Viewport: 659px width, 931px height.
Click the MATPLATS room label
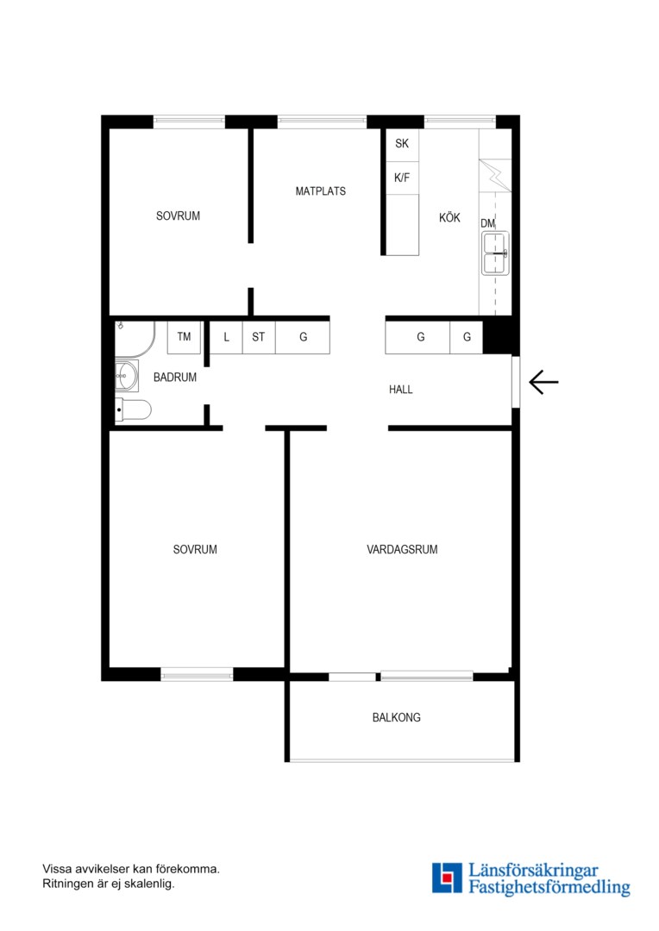tap(320, 191)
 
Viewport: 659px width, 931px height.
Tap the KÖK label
tap(449, 218)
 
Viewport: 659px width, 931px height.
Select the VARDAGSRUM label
tap(402, 550)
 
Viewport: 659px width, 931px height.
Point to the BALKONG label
tap(397, 717)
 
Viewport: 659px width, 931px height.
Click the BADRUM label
tap(175, 377)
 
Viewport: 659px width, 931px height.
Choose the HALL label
tap(400, 390)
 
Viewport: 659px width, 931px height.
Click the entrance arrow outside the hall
tap(543, 382)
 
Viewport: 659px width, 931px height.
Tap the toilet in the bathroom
tap(133, 409)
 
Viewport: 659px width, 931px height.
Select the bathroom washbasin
tap(127, 375)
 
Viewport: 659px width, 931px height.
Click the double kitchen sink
tap(495, 253)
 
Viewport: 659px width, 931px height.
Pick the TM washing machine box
tap(184, 337)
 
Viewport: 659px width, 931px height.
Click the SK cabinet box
tap(402, 145)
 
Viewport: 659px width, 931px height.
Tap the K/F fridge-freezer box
tap(402, 178)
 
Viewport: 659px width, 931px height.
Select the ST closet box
tap(259, 337)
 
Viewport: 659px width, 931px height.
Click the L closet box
tap(226, 337)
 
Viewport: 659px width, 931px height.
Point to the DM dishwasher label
tap(487, 223)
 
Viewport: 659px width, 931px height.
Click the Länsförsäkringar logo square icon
tap(447, 878)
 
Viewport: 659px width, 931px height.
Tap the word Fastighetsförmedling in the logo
tap(549, 888)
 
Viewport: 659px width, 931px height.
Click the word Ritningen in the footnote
tap(66, 884)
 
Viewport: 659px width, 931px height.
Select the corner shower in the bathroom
tap(135, 340)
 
